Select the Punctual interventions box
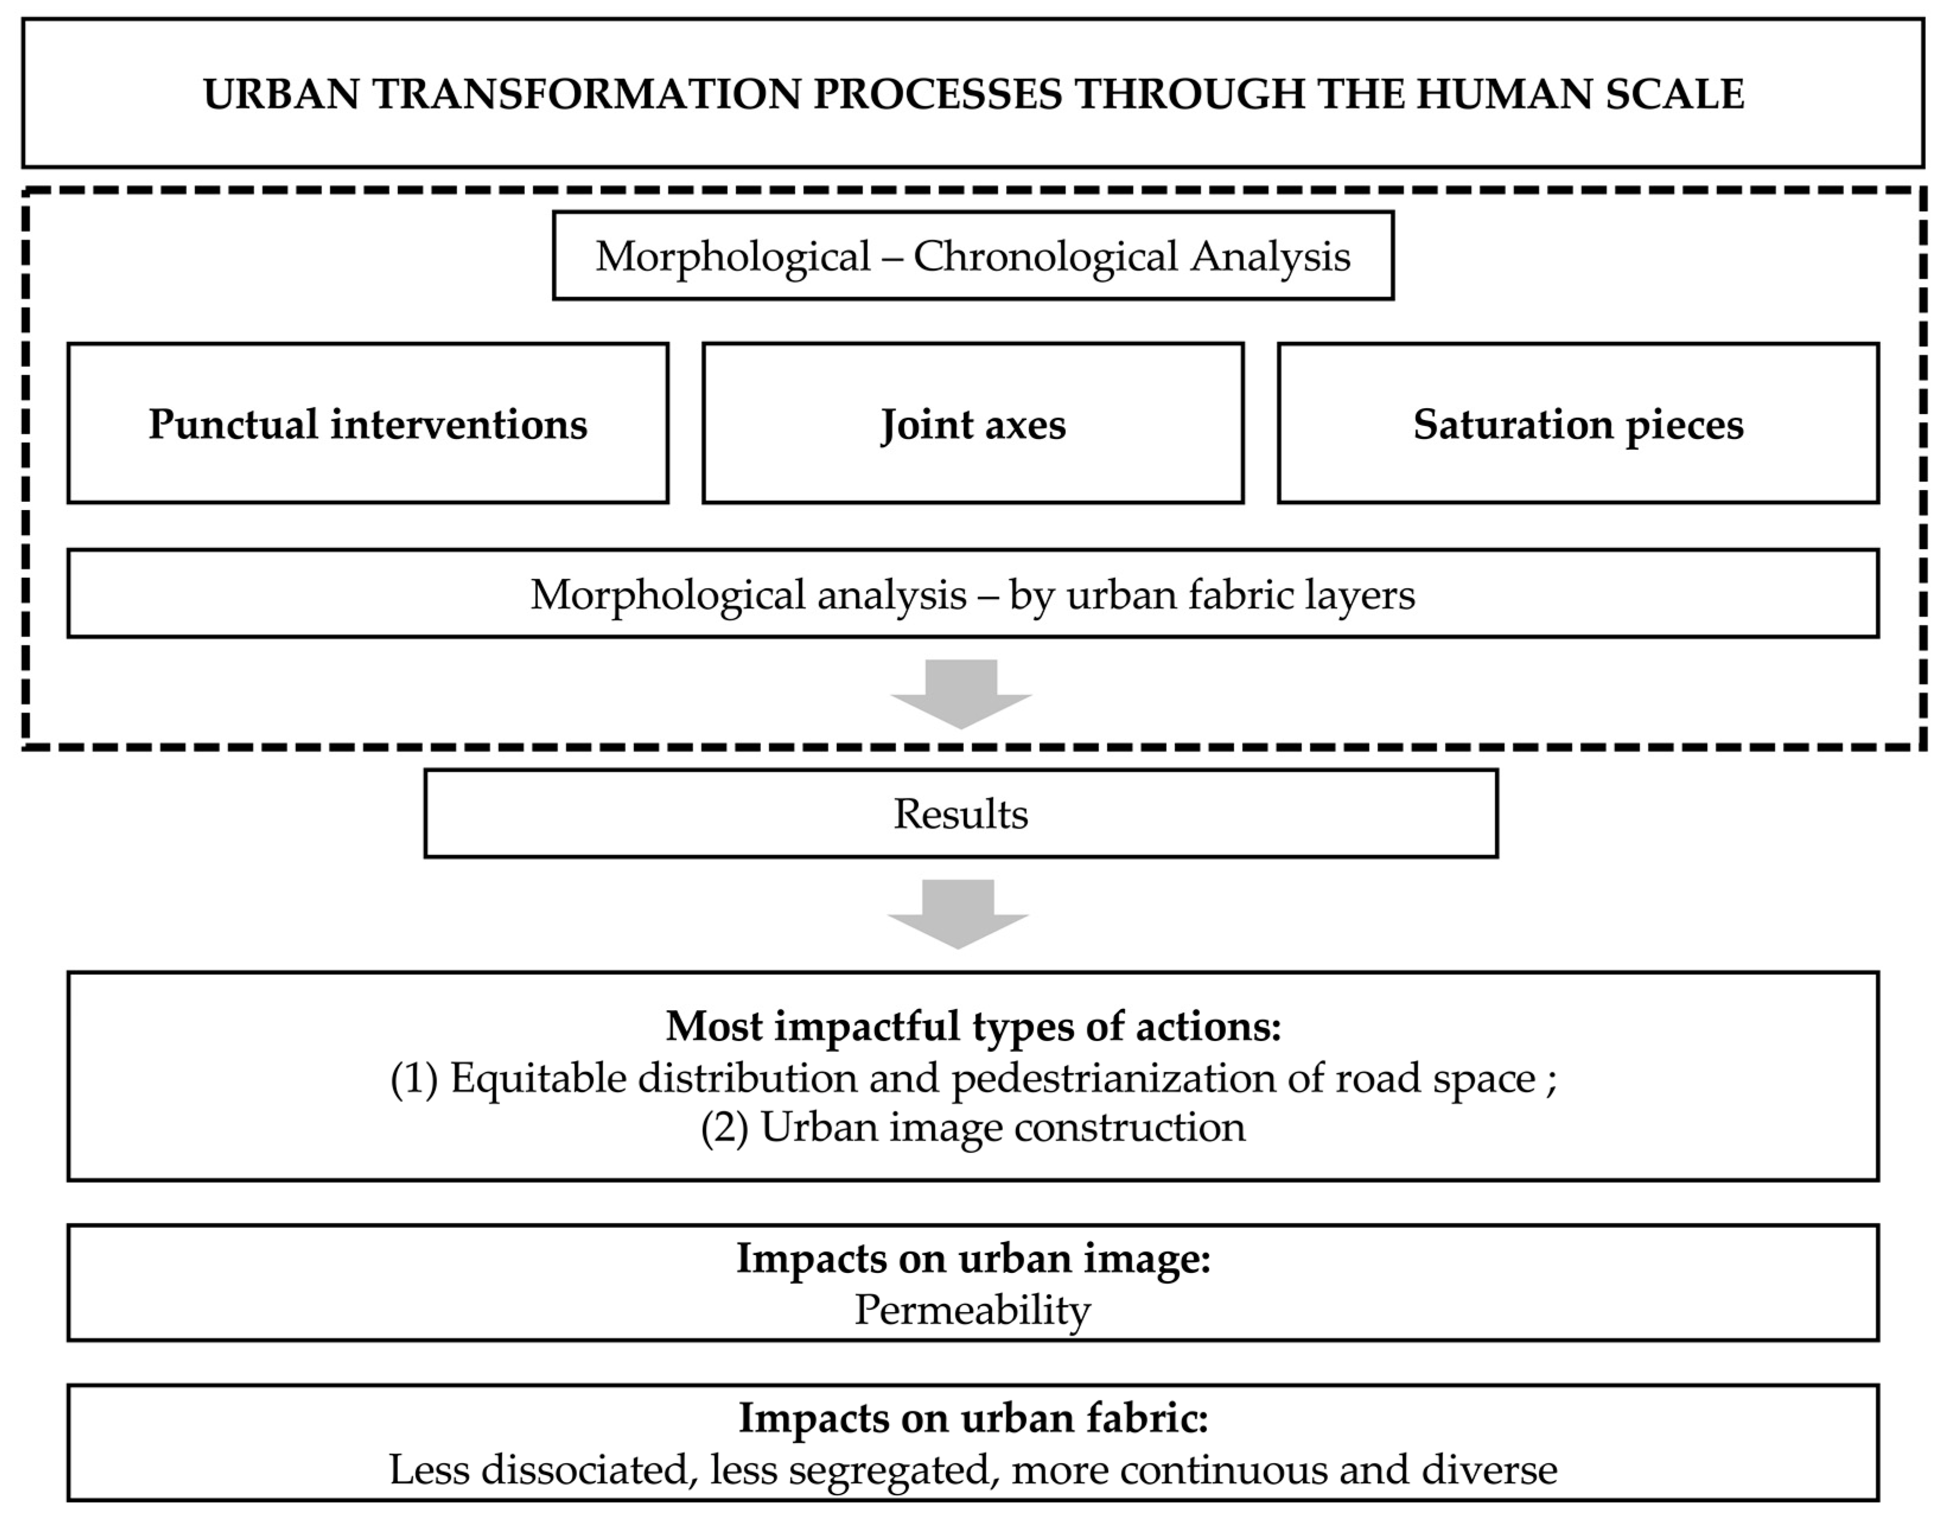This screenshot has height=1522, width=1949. (x=368, y=423)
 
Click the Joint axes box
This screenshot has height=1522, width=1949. (x=973, y=423)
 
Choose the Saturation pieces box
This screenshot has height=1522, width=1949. (x=1578, y=423)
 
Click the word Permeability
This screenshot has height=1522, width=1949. (x=973, y=1310)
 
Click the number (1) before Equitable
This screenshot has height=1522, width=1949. (x=414, y=1078)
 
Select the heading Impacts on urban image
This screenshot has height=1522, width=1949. (x=973, y=1258)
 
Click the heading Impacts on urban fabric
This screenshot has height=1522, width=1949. (x=973, y=1418)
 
